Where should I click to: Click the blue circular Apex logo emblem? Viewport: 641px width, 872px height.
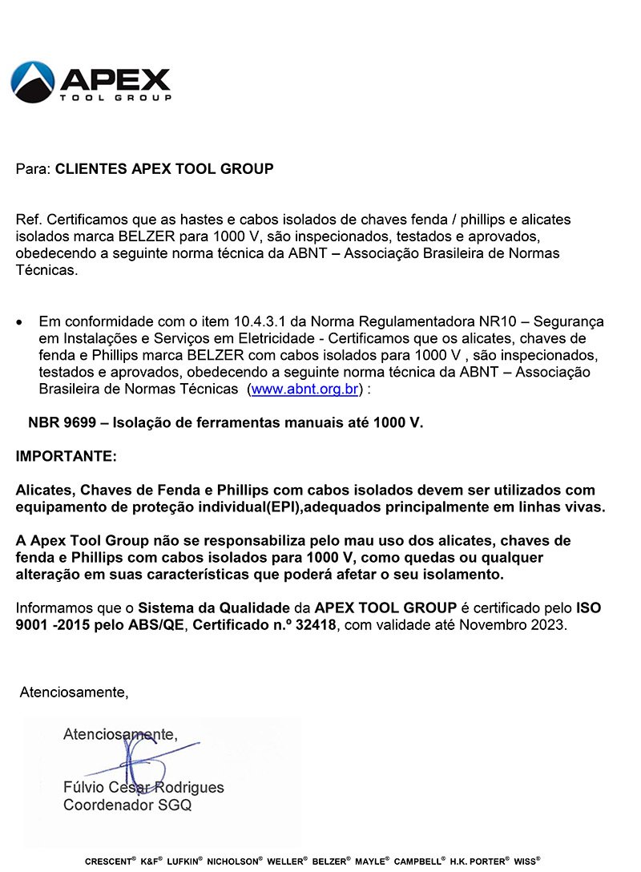coord(33,82)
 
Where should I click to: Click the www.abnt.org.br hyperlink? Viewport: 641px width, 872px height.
coord(304,390)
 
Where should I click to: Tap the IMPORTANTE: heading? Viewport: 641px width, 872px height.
coord(66,457)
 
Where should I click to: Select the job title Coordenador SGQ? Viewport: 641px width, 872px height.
coord(127,805)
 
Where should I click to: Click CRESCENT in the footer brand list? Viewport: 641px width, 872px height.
coord(107,862)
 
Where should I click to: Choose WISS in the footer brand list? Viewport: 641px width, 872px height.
coord(525,862)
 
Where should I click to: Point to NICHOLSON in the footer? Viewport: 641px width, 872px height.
coord(234,862)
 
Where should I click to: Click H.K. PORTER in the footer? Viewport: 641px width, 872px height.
coord(478,862)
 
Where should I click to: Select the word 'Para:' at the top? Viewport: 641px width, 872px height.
coord(33,169)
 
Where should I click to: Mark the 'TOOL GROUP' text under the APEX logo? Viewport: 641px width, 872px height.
coord(115,98)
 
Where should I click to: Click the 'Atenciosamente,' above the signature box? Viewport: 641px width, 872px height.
coord(74,692)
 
